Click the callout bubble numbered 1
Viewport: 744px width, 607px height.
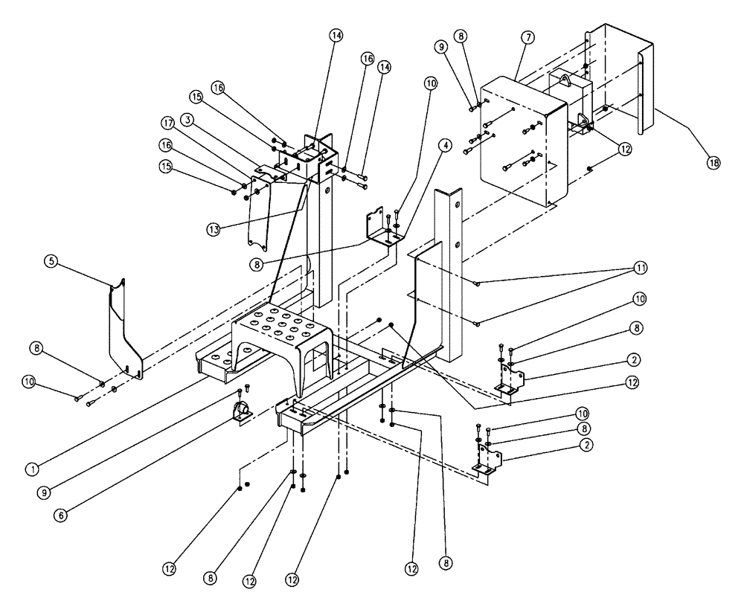click(x=31, y=469)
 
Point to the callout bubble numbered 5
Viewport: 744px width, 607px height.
click(x=51, y=262)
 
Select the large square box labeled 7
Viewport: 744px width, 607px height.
click(x=521, y=141)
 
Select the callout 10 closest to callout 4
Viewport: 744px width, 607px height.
click(x=431, y=83)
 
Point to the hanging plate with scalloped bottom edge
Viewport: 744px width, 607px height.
click(x=260, y=212)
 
